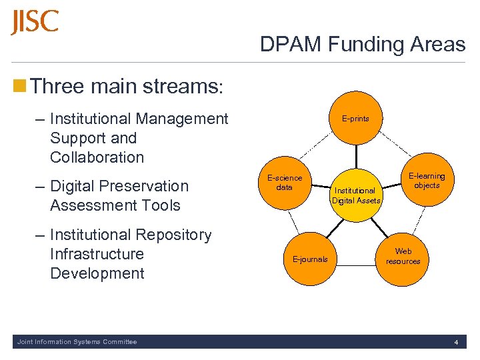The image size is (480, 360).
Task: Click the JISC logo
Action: click(x=35, y=23)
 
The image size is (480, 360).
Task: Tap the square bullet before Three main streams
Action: click(x=20, y=86)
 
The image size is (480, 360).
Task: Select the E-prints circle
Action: click(x=355, y=119)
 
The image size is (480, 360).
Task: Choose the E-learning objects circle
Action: click(x=427, y=181)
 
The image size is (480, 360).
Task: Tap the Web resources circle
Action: click(x=403, y=257)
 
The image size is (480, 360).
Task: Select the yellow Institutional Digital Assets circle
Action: click(x=357, y=195)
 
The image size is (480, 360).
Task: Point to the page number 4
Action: click(x=456, y=343)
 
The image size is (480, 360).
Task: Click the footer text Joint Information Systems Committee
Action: click(x=77, y=342)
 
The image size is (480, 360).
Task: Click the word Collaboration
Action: click(x=97, y=158)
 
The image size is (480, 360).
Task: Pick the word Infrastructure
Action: click(x=97, y=254)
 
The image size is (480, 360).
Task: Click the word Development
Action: click(x=97, y=273)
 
